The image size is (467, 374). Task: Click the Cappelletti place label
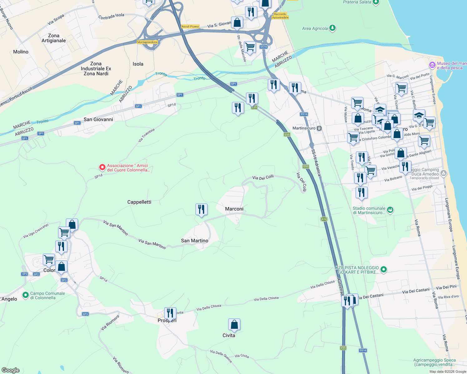(x=139, y=202)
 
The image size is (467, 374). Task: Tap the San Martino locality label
(x=194, y=241)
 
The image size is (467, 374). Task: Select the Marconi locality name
(x=234, y=209)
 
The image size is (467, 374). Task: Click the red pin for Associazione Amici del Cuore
(x=102, y=167)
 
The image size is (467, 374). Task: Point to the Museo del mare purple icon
(x=432, y=65)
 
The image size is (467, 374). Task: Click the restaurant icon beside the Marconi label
(x=201, y=209)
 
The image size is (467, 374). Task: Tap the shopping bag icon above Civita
(x=234, y=325)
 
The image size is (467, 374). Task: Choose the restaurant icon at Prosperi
(x=170, y=313)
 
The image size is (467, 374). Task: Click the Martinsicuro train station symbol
(x=319, y=128)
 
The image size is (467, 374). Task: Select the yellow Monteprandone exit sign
(x=147, y=42)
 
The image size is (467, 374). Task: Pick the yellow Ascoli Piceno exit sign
(x=190, y=26)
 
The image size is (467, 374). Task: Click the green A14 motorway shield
(x=324, y=219)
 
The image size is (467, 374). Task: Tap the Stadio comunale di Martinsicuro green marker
(x=390, y=210)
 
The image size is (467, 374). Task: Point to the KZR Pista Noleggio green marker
(x=384, y=270)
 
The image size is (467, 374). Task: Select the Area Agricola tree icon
(x=332, y=28)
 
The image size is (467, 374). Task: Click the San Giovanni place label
(x=98, y=119)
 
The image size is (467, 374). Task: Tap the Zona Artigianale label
(x=54, y=38)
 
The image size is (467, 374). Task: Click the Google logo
(x=11, y=370)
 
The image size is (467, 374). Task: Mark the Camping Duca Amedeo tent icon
(x=444, y=173)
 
